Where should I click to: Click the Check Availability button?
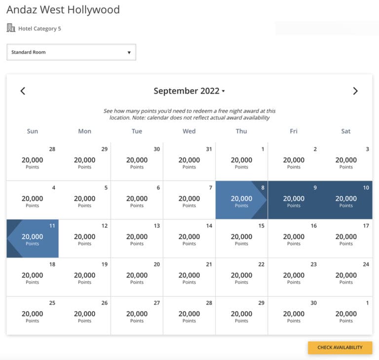340,348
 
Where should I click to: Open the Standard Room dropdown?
71,52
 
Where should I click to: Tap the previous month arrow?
23,91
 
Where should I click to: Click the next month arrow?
355,91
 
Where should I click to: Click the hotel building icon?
11,28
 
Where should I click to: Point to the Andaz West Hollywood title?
63,9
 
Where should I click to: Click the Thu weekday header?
241,131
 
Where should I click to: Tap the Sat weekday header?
346,131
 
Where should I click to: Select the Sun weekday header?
33,131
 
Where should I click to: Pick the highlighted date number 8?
263,188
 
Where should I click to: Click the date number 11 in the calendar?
52,226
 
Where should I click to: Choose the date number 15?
262,226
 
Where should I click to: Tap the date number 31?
209,149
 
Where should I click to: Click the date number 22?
262,264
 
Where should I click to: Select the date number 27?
157,303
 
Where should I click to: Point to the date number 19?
105,264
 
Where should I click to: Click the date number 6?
158,188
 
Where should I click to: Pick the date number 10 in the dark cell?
366,188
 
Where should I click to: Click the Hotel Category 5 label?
39,29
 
